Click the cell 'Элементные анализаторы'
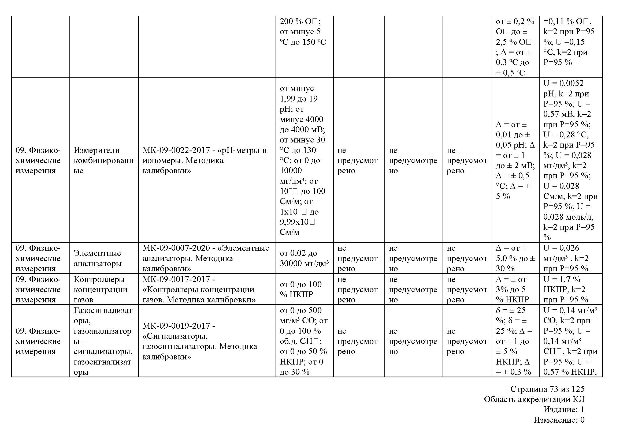pyautogui.click(x=98, y=258)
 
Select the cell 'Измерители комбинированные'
pyautogui.click(x=103, y=160)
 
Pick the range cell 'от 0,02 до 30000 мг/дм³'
pyautogui.click(x=304, y=258)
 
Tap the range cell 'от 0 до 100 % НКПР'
pyautogui.click(x=301, y=289)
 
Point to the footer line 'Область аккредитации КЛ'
pyautogui.click(x=534, y=399)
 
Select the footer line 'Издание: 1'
pyautogui.click(x=564, y=410)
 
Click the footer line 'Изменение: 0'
pyautogui.click(x=559, y=420)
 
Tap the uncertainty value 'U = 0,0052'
pyautogui.click(x=563, y=83)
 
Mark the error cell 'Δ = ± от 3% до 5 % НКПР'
pyautogui.click(x=512, y=289)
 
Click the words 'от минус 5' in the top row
pyautogui.click(x=300, y=32)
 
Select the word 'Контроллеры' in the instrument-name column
pyautogui.click(x=99, y=279)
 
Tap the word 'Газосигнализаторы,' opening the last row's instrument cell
pyautogui.click(x=103, y=315)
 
